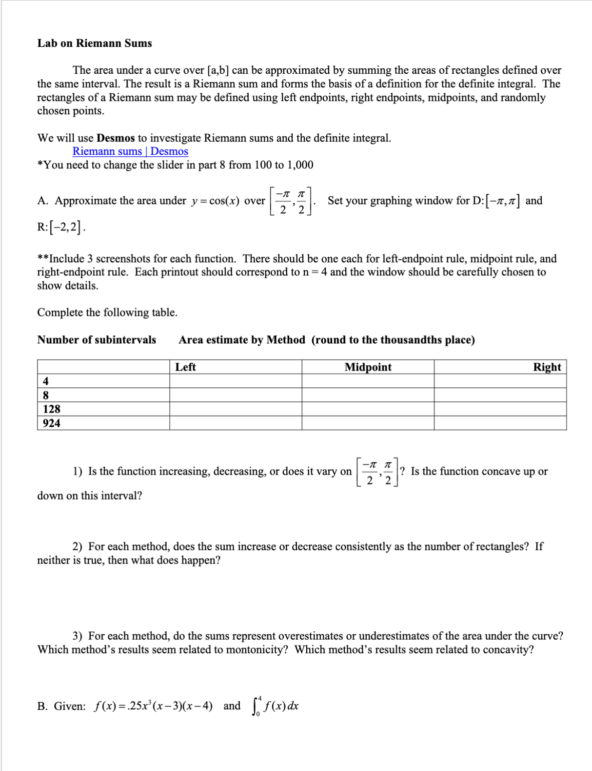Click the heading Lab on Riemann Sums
pos(95,43)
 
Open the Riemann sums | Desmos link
pos(130,151)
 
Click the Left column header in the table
pos(185,367)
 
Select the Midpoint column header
pos(368,367)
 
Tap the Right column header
pos(547,367)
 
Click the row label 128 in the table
pos(52,409)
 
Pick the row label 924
pos(52,423)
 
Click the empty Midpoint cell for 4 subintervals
pos(368,381)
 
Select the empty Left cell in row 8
pos(236,395)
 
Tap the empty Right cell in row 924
pos(500,423)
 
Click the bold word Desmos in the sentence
pos(116,138)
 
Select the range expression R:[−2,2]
pos(61,227)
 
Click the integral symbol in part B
pos(256,706)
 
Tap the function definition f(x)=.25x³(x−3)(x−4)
pos(153,706)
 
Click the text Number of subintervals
pos(97,340)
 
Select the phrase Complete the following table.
pos(107,313)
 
